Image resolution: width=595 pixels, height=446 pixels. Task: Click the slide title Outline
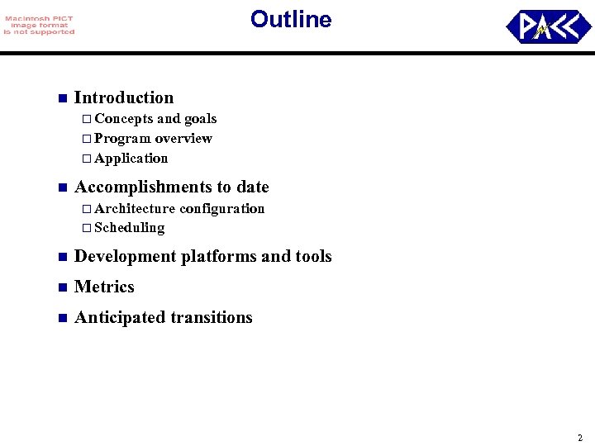(x=291, y=19)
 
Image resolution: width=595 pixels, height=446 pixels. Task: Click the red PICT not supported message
(x=38, y=26)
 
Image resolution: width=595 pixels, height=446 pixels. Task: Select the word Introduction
(x=124, y=97)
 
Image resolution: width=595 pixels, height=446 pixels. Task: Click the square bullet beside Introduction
(x=60, y=98)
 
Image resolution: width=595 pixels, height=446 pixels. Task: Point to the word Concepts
(x=124, y=119)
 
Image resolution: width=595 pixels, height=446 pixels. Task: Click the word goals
(x=200, y=119)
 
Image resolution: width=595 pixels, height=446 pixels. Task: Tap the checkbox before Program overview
(x=86, y=139)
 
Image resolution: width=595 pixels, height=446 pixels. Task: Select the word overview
(x=183, y=139)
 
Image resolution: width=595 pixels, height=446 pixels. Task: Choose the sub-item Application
(x=131, y=159)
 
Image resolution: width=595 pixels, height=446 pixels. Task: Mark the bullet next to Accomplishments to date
(x=60, y=187)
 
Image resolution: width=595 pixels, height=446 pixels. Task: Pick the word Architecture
(x=135, y=209)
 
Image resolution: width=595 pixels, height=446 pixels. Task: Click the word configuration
(x=222, y=209)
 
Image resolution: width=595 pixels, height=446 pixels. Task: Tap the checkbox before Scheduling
(x=86, y=228)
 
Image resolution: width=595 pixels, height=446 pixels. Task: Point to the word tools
(x=313, y=257)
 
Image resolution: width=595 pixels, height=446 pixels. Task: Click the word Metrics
(x=104, y=287)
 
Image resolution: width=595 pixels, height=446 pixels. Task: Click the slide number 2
(x=580, y=438)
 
